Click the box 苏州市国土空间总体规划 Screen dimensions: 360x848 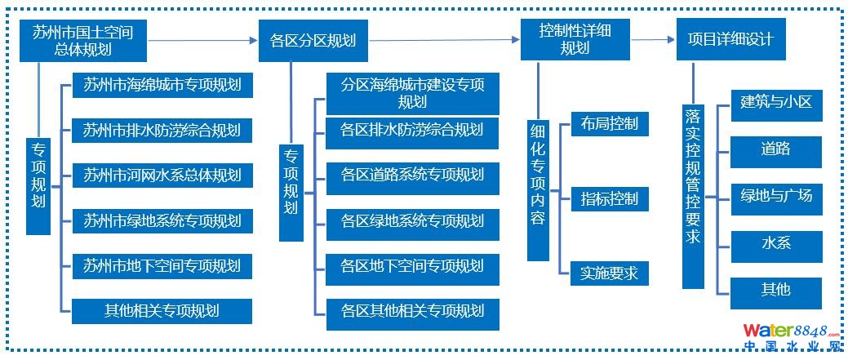tap(83, 40)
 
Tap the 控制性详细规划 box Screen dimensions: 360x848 tap(575, 40)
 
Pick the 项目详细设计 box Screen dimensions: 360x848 tap(730, 39)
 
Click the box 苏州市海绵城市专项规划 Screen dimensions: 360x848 tap(162, 85)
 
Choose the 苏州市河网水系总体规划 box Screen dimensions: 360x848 tap(162, 176)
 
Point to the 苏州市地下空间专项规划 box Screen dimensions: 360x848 tap(162, 266)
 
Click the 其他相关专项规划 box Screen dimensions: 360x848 tap(162, 311)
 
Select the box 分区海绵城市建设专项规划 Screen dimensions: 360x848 tap(412, 93)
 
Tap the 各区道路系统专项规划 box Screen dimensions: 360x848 tap(412, 176)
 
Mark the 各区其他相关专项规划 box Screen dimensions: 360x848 tap(412, 311)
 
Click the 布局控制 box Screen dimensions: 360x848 tap(610, 124)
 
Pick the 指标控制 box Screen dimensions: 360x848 tap(610, 198)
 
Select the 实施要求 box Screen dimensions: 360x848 tap(610, 273)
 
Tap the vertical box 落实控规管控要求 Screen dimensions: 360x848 tap(693, 196)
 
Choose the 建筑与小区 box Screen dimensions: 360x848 tap(775, 104)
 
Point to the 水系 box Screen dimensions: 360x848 tap(775, 243)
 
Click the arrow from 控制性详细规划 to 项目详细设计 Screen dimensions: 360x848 tap(652, 39)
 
